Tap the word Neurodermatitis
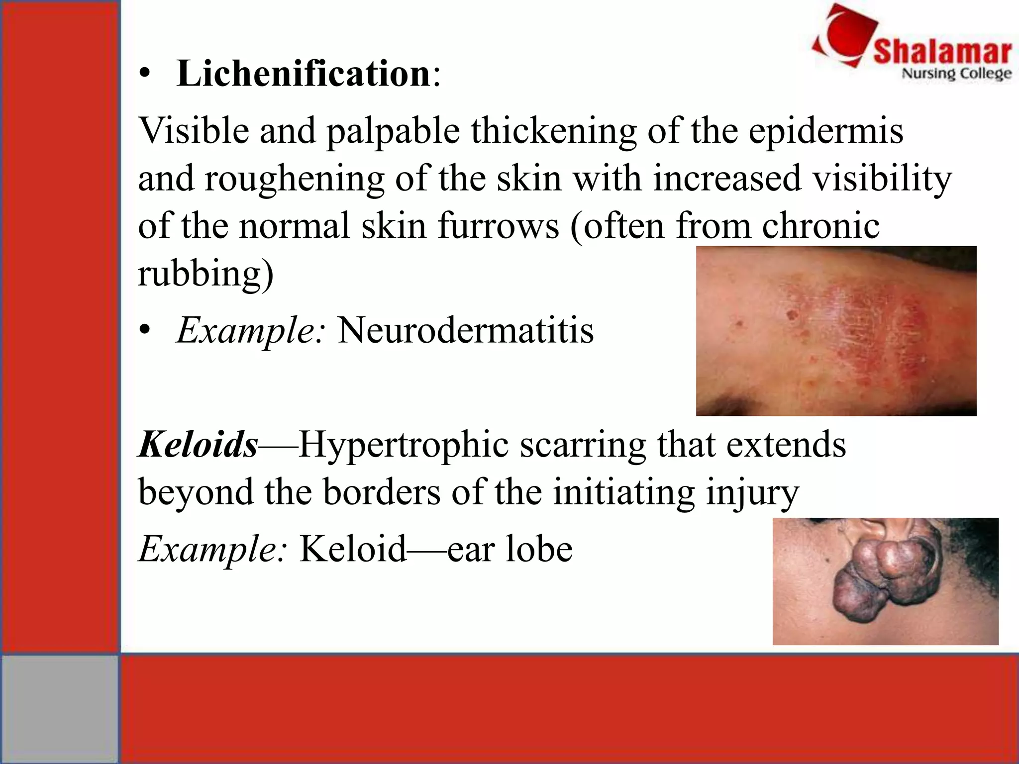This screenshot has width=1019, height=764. [466, 330]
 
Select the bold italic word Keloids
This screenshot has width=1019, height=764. [198, 444]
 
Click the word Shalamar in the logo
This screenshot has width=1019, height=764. [942, 52]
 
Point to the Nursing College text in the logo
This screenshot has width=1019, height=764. [956, 74]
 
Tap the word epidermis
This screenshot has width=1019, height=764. [826, 131]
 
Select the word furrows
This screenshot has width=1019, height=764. [499, 226]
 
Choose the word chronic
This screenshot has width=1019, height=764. [821, 226]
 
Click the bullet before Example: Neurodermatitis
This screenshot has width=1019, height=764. [144, 330]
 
